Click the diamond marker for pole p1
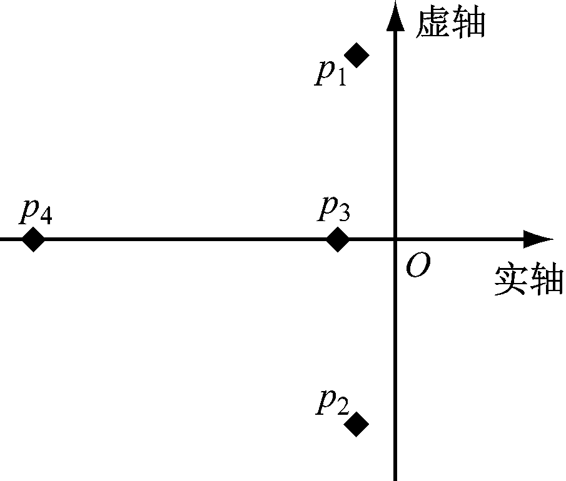357,55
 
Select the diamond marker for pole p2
357,424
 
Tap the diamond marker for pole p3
338,239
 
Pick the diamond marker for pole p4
33,239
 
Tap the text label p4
35,211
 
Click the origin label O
417,267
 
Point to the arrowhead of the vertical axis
395,16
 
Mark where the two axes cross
395,239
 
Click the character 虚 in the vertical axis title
433,22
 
